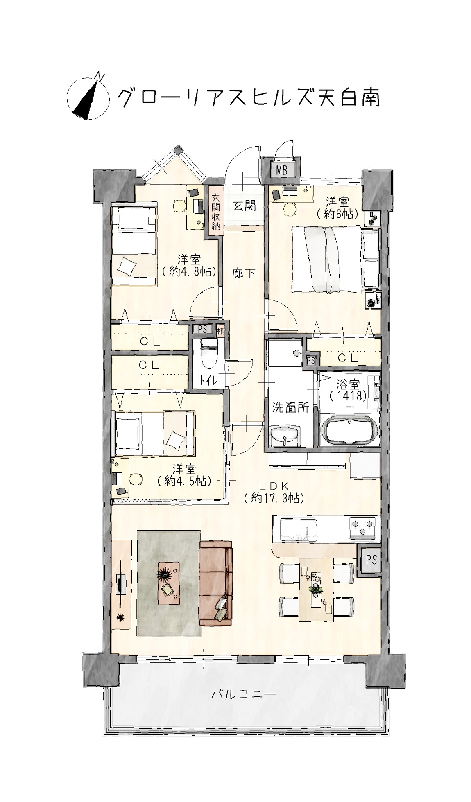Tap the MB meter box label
tap(282, 170)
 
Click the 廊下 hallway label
tap(244, 273)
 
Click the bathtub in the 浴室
tap(349, 430)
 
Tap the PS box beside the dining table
tap(371, 559)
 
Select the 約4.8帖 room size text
tap(189, 271)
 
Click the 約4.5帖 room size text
tap(184, 481)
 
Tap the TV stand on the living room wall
tap(122, 584)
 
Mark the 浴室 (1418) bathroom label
tap(348, 391)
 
